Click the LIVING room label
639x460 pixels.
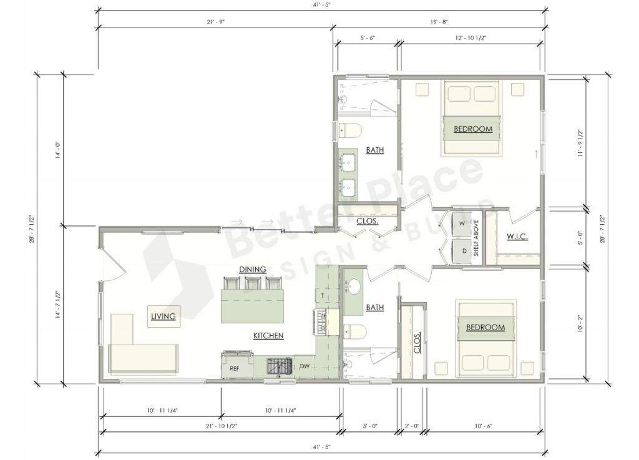tap(163, 316)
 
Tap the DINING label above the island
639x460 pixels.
tap(253, 269)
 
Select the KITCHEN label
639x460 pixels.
tap(268, 336)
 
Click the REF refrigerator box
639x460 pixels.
tap(235, 368)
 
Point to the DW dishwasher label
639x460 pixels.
tap(305, 366)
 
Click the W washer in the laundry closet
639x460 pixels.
tap(462, 223)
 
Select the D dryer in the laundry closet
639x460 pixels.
tap(464, 251)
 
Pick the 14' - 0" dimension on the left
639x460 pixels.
tap(57, 149)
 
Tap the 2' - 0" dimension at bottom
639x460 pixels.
tap(411, 427)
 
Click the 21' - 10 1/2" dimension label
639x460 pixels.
tap(220, 427)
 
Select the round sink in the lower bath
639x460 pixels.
tap(354, 286)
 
